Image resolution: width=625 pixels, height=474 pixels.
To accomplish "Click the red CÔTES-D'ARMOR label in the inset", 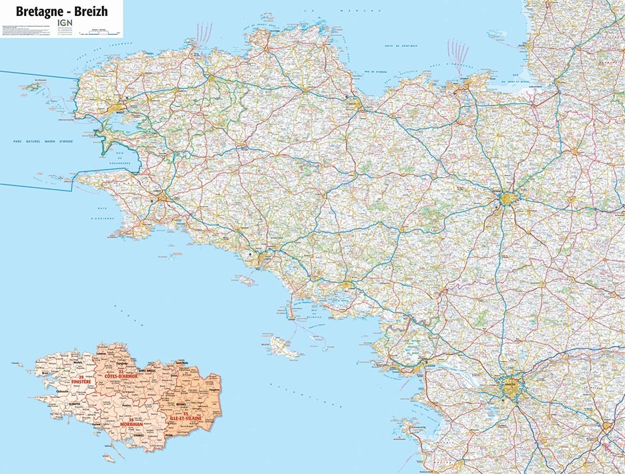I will click(x=122, y=376).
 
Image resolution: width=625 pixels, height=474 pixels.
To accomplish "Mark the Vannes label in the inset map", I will click(x=139, y=435).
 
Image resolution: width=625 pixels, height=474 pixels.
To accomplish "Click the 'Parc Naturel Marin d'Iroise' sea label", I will click(x=55, y=142).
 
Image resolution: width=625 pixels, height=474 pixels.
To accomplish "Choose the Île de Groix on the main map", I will click(x=246, y=281).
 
